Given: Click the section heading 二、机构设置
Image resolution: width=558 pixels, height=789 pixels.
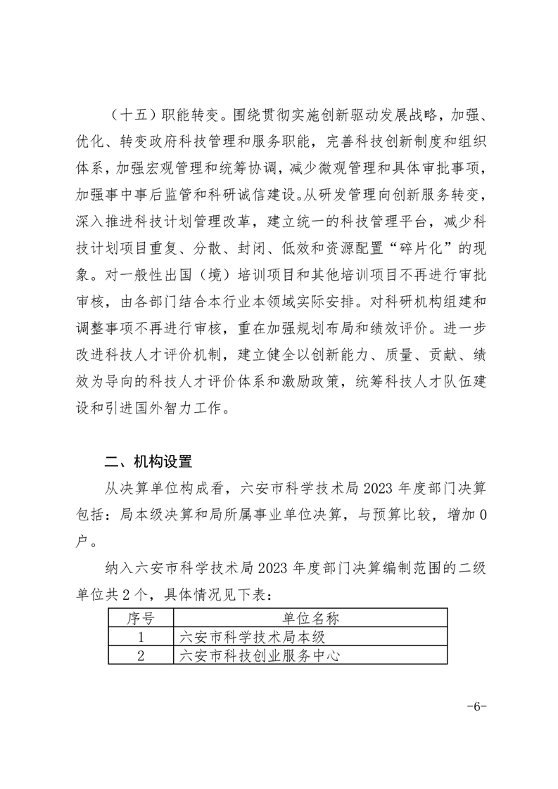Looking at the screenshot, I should point(148,462).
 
